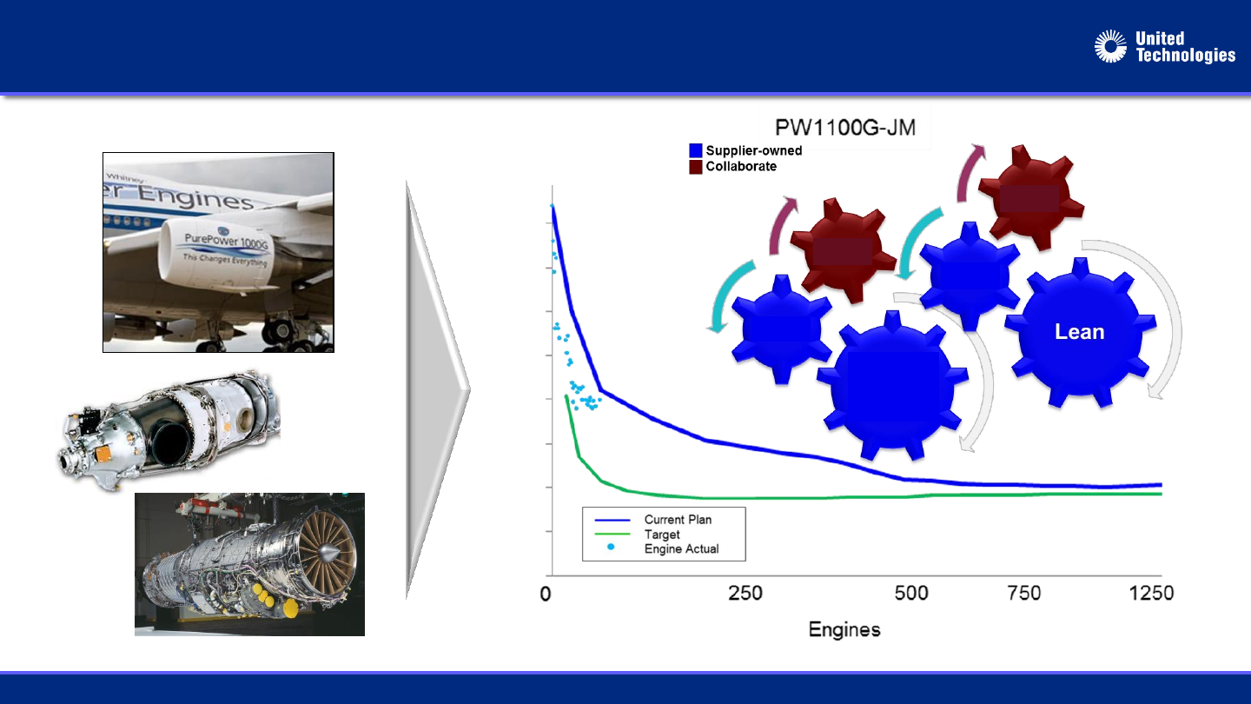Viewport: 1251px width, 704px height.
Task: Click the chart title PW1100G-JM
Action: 845,128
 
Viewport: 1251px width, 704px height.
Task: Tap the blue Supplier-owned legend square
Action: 695,150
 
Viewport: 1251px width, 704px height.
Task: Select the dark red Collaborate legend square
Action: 695,167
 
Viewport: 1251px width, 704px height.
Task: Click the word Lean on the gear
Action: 1079,332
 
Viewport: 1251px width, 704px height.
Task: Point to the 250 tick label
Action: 745,593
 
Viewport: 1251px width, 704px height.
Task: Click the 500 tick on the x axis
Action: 911,593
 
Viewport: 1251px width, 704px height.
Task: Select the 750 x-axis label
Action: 1023,593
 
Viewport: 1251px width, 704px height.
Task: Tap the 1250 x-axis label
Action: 1151,593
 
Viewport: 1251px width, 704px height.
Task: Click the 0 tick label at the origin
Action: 546,594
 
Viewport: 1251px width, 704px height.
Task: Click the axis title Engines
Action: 844,629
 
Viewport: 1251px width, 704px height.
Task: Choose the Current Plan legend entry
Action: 678,520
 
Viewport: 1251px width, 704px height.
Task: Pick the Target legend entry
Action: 662,535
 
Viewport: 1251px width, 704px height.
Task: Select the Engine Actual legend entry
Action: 681,548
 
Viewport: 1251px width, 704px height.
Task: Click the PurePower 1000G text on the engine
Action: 226,241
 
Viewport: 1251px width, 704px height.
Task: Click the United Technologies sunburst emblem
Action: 1110,46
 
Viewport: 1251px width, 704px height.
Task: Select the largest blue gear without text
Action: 892,386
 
